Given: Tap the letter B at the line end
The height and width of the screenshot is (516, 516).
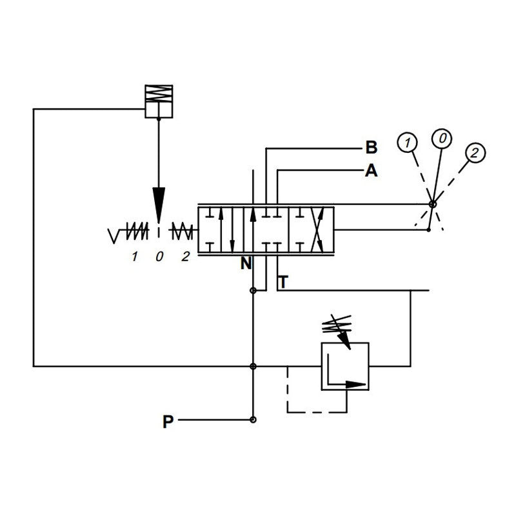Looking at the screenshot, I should click(x=371, y=148).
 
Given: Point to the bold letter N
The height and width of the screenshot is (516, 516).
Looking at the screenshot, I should click(x=245, y=263).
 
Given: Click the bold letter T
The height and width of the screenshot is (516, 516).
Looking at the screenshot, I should click(x=283, y=281).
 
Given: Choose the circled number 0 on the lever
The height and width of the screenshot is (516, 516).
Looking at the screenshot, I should click(x=442, y=137).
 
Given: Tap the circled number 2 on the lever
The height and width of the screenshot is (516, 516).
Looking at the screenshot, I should click(x=474, y=153).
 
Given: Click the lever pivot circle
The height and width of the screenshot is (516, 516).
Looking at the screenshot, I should click(x=432, y=205).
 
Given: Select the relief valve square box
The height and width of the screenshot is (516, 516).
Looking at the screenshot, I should click(x=345, y=366).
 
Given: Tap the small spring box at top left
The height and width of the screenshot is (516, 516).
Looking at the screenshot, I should click(x=158, y=102).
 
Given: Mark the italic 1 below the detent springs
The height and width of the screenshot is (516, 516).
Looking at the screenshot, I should click(x=134, y=257).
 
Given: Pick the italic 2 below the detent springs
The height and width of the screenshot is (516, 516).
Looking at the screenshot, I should click(x=185, y=257).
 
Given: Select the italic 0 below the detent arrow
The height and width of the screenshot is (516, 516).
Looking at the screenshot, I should click(x=159, y=257).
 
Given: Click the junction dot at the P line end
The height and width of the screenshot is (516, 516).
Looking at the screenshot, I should click(x=253, y=421).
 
